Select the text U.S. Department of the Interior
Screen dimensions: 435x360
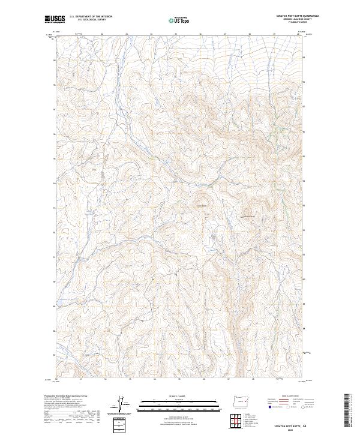pyautogui.click(x=91, y=17)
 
